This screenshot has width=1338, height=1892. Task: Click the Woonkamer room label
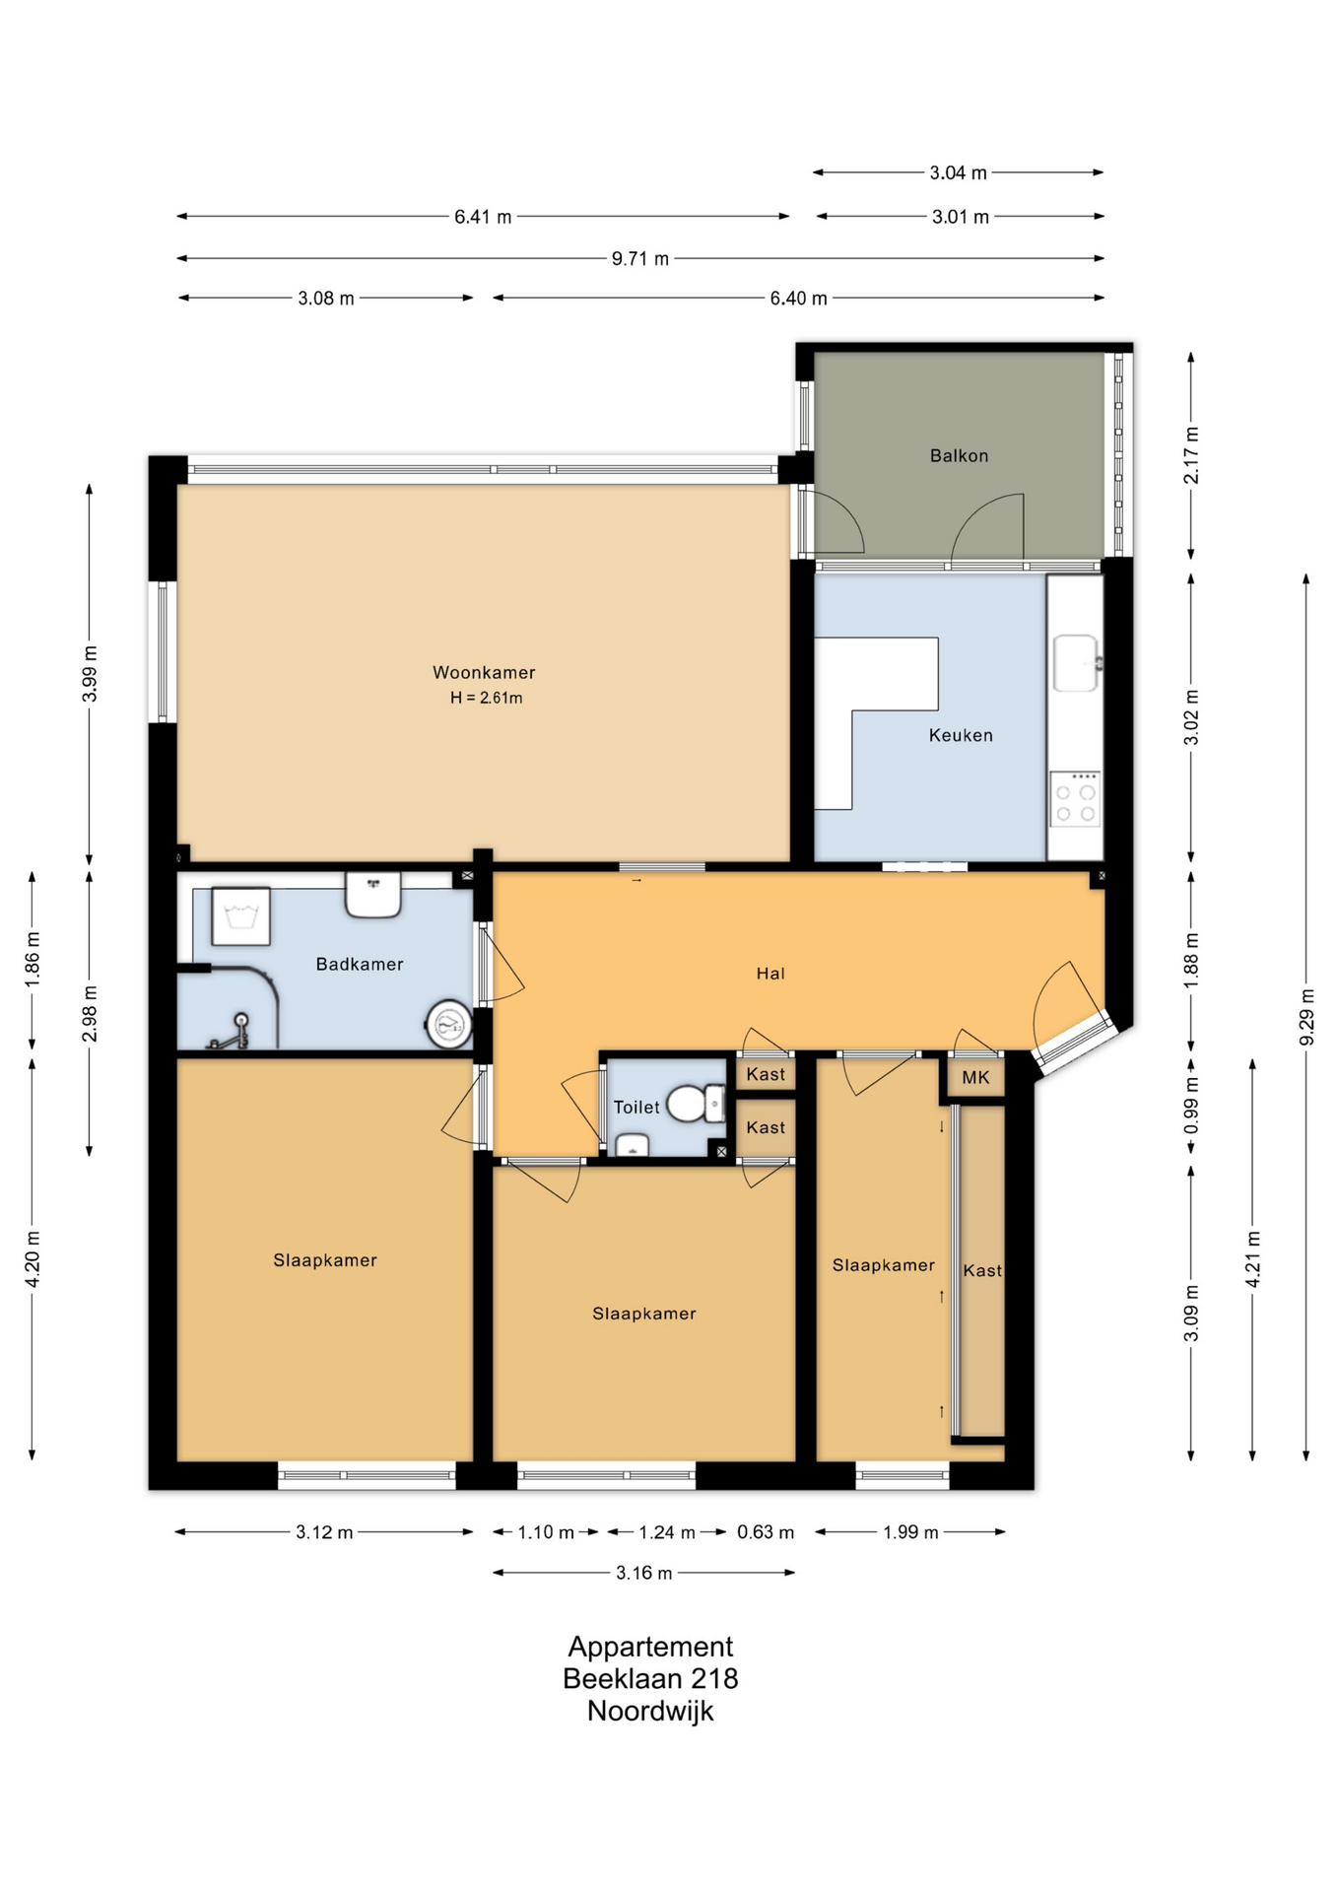(x=484, y=672)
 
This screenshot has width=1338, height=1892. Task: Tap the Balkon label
(x=959, y=455)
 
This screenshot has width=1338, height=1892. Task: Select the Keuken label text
(x=961, y=735)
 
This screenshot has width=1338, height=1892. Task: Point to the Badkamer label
(x=360, y=964)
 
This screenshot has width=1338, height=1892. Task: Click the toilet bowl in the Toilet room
(x=696, y=1104)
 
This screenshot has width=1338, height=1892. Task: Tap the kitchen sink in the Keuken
(x=1076, y=663)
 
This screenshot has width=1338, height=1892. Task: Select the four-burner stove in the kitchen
(x=1075, y=799)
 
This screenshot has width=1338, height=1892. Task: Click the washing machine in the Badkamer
(x=240, y=916)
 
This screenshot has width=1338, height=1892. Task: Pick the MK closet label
(x=975, y=1077)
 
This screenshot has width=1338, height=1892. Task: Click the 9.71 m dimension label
(x=640, y=259)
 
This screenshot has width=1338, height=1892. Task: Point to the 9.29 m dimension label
(x=1306, y=1016)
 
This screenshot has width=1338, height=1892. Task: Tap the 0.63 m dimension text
(x=766, y=1532)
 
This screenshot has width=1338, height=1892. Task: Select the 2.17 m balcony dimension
(x=1191, y=455)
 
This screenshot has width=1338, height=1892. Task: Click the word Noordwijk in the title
(x=650, y=1712)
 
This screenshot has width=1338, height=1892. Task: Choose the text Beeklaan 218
(x=650, y=1679)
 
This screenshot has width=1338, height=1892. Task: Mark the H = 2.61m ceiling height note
(x=487, y=698)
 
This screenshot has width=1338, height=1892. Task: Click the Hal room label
(x=770, y=974)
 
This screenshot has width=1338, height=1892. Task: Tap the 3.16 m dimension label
(x=644, y=1574)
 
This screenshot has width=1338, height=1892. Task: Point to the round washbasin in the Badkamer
(x=449, y=1025)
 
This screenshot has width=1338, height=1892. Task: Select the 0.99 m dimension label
(x=1191, y=1105)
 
